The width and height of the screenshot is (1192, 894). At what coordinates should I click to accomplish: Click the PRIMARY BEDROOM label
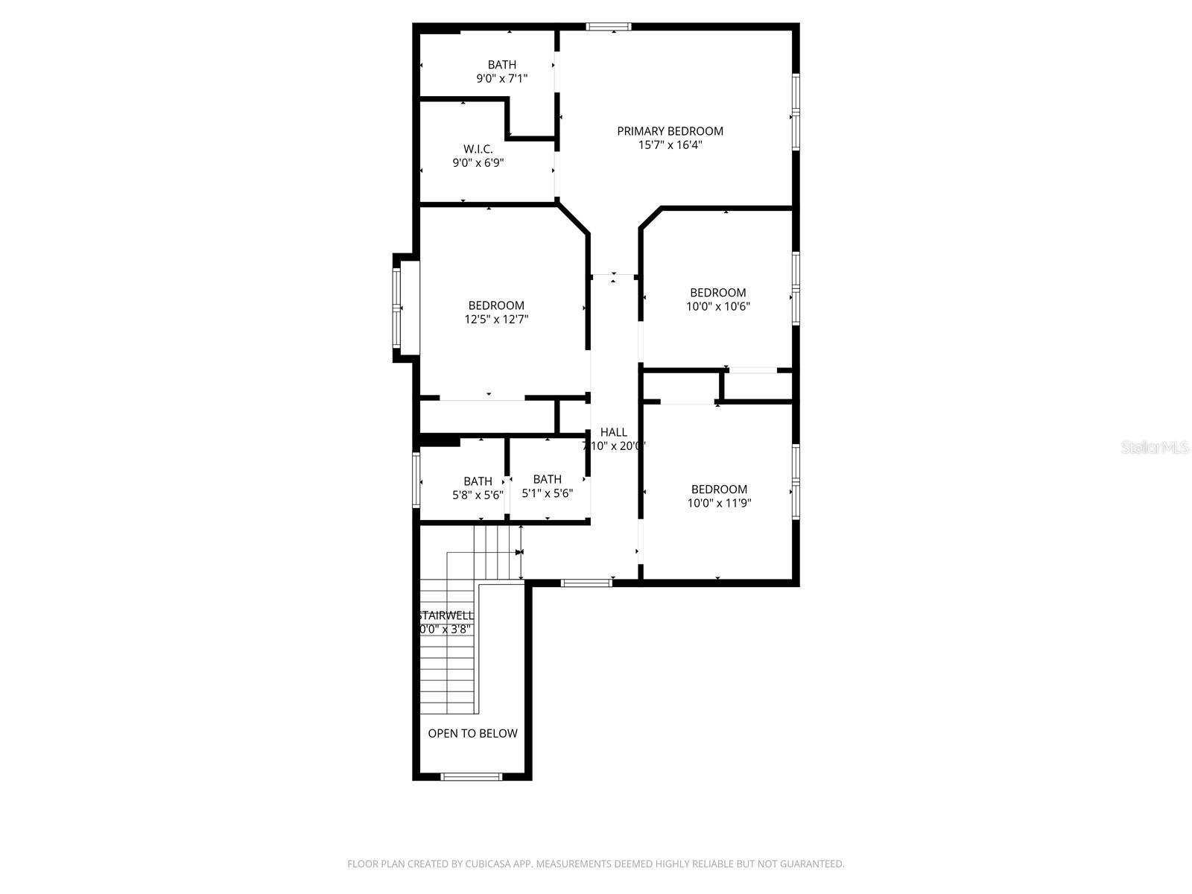click(x=670, y=131)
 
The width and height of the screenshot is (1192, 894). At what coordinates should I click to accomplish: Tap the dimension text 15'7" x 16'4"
click(x=670, y=145)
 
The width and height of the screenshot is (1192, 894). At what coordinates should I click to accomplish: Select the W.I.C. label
click(x=478, y=149)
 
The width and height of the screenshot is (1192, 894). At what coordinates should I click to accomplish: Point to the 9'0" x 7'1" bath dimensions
click(x=501, y=78)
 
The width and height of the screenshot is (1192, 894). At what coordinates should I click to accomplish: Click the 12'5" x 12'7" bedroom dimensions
click(x=496, y=320)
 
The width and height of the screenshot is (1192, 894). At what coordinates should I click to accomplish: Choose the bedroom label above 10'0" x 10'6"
click(x=717, y=293)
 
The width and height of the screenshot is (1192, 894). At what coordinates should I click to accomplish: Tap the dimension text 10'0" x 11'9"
click(x=719, y=503)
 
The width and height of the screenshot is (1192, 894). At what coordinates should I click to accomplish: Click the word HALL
click(x=613, y=432)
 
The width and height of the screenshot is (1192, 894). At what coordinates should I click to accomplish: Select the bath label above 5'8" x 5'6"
click(x=478, y=481)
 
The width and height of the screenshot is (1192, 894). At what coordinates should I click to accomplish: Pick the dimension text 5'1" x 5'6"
click(x=547, y=493)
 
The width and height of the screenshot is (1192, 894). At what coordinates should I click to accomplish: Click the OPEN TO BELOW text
click(x=472, y=733)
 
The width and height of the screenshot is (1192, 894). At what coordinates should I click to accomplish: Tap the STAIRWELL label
click(x=446, y=615)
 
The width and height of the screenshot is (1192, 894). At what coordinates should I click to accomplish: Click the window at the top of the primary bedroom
click(x=608, y=27)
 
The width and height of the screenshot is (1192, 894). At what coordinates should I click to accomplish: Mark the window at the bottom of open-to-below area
click(x=471, y=776)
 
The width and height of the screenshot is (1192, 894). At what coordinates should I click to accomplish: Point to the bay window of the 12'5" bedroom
click(x=398, y=308)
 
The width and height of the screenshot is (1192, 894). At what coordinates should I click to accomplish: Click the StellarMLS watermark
click(x=1155, y=448)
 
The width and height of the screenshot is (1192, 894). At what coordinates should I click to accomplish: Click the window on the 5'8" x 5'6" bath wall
click(x=416, y=481)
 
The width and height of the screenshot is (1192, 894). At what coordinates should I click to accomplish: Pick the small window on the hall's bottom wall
click(x=586, y=583)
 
